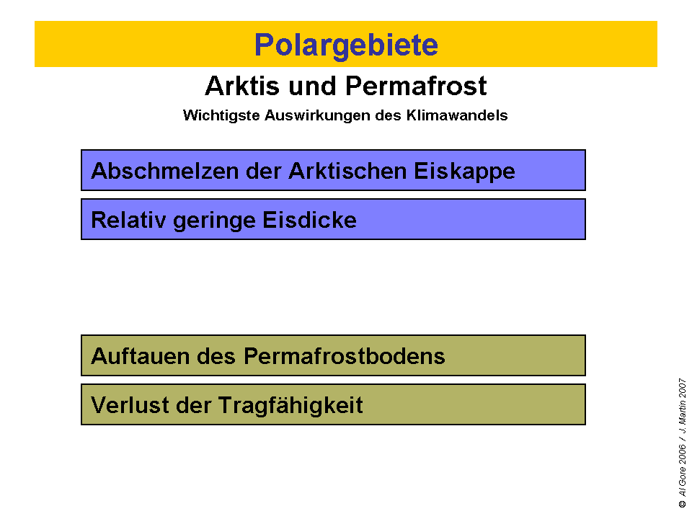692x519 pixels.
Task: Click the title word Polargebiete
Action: (x=346, y=45)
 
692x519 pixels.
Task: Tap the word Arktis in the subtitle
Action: (x=239, y=86)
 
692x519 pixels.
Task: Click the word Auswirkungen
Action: (x=307, y=115)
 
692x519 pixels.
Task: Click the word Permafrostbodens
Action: (x=344, y=356)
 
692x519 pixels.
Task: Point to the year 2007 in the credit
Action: (x=682, y=389)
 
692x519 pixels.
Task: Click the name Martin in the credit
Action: (x=682, y=419)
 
